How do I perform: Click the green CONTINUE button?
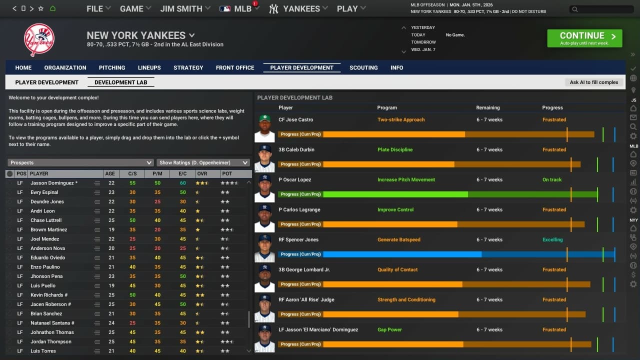tap(584, 38)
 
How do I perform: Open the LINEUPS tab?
tap(149, 67)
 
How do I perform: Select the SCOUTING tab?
tap(363, 67)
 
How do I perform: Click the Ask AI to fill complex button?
tap(594, 82)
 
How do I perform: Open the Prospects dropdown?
tap(80, 162)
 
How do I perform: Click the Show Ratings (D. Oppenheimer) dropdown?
tap(203, 162)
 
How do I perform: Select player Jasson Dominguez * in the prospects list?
tap(54, 183)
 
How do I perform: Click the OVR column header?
tap(202, 173)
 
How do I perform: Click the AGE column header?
tap(110, 173)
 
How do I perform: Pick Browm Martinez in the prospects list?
tap(48, 229)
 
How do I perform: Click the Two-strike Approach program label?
tap(401, 119)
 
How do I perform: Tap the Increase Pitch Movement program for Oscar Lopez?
tap(406, 179)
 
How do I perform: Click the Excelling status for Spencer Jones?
tap(552, 239)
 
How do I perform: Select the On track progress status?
tap(552, 179)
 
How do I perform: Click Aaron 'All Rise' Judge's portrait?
tap(264, 309)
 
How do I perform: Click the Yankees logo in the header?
tap(39, 40)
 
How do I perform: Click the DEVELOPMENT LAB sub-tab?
tap(120, 82)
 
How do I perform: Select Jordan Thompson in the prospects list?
tap(50, 341)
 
